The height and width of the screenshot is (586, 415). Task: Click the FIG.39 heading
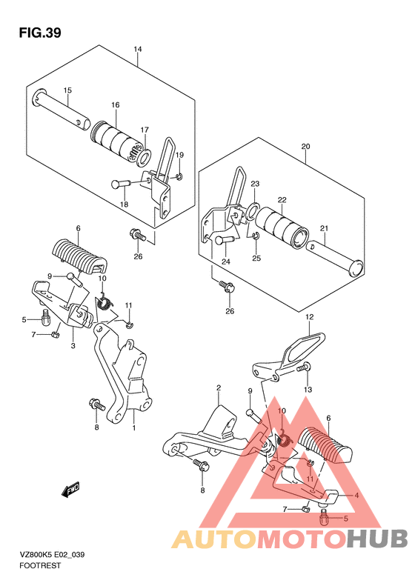point(40,33)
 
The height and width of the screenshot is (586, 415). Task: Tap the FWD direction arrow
point(70,489)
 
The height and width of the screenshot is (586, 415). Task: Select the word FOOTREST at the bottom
point(40,565)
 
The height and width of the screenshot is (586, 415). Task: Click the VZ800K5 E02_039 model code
point(52,554)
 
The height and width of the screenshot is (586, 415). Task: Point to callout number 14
point(138,50)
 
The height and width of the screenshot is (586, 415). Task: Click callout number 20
point(305,147)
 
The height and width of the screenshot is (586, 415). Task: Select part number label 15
point(67,90)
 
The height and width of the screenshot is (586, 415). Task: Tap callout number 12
point(309,317)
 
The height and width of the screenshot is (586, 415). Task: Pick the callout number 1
point(134,427)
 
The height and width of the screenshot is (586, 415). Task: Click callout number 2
point(219,388)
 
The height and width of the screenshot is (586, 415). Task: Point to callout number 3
point(73,346)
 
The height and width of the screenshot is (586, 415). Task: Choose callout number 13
point(308,390)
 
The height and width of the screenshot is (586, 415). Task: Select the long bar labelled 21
point(335,260)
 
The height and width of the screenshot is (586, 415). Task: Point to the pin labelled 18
point(120,184)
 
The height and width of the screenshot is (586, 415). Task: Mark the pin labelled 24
point(225,239)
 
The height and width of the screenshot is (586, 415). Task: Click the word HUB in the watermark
point(377,539)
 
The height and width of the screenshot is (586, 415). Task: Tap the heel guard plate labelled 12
point(288,358)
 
